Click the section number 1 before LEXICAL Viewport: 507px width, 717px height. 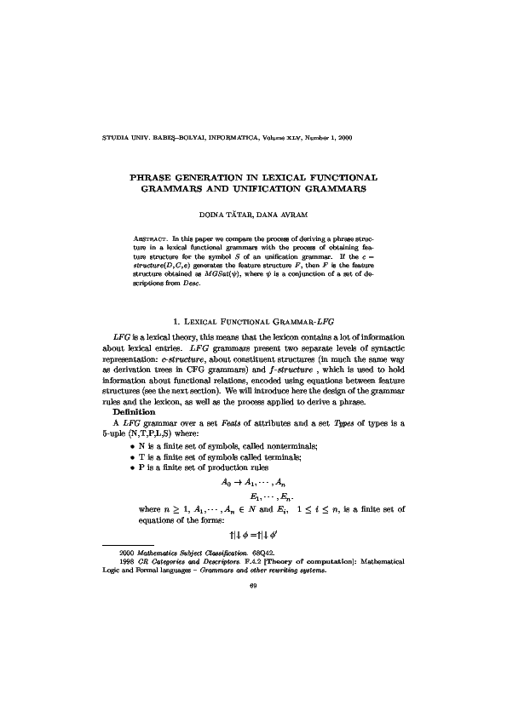click(x=175, y=322)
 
